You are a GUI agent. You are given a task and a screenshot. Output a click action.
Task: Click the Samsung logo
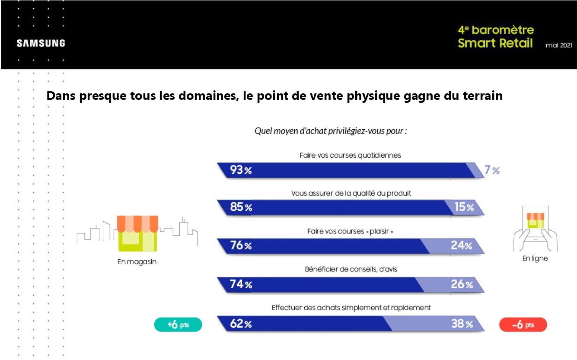[41, 43]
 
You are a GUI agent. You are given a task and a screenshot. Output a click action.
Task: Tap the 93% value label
[241, 170]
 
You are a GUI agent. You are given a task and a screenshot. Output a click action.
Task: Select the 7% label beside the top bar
[491, 170]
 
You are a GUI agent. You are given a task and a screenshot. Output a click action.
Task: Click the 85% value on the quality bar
[241, 208]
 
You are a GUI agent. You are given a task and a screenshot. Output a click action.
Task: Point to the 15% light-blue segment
[464, 208]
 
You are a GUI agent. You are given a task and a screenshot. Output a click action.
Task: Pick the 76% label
[241, 246]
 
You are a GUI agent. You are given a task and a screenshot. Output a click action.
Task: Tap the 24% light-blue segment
[461, 246]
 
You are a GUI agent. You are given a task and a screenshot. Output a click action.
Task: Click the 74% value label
[241, 284]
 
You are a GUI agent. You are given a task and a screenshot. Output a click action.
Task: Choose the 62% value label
[241, 324]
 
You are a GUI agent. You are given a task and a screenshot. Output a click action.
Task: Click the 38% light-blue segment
[462, 324]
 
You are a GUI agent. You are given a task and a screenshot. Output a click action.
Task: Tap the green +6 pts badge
[178, 325]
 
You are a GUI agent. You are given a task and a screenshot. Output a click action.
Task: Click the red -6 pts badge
[523, 325]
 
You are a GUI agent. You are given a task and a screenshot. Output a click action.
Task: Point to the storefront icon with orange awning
[138, 233]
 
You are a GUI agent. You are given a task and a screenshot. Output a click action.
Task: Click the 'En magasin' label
[137, 262]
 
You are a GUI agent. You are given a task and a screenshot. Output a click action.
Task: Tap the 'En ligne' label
[535, 259]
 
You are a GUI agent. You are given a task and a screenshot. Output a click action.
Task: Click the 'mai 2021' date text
[559, 45]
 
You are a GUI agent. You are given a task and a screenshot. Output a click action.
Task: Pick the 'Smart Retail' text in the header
[495, 43]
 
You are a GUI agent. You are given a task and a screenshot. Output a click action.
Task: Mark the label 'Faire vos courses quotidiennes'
[350, 155]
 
